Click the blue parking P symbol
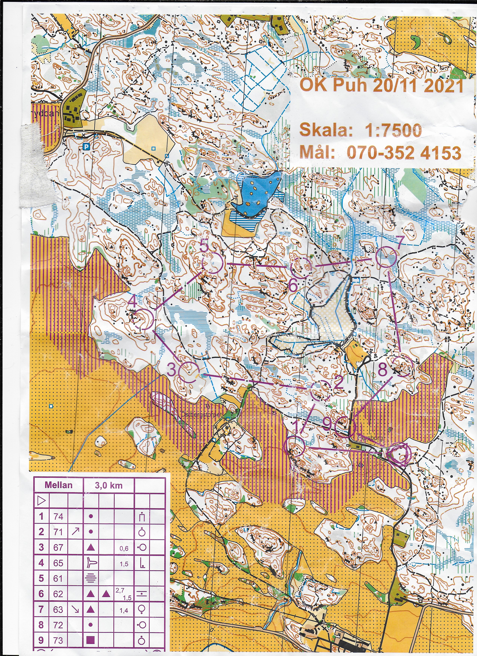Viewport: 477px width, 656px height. coord(85,147)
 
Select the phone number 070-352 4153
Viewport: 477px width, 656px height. coord(403,153)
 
